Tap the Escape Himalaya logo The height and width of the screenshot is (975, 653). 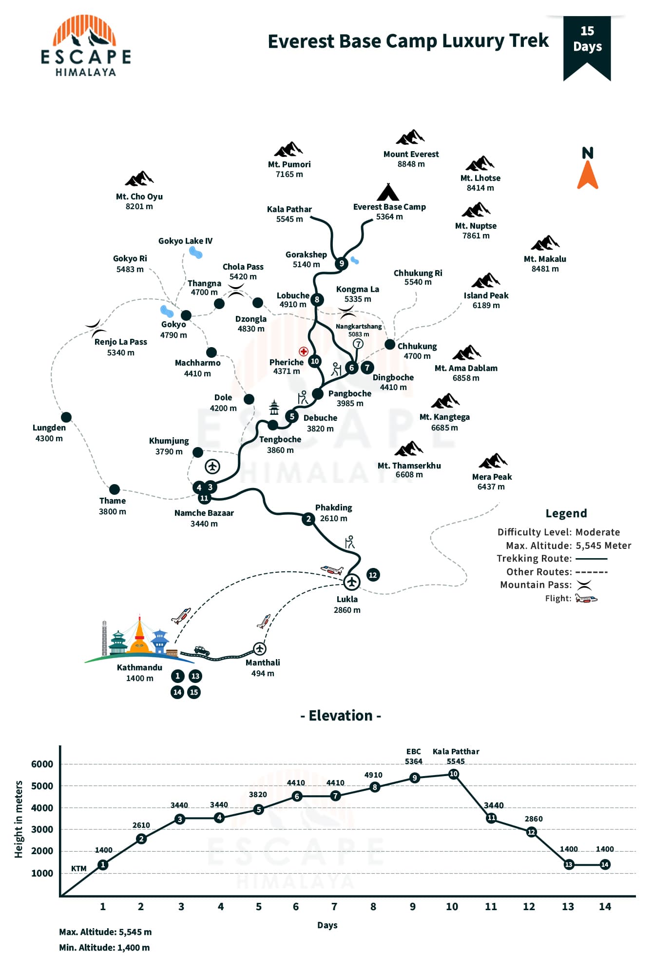coord(86,46)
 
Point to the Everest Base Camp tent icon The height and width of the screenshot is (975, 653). coord(388,193)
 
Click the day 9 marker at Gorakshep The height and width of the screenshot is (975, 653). coord(342,263)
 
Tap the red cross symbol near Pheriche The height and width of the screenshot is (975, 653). coord(304,351)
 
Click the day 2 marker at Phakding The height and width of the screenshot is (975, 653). coord(308,519)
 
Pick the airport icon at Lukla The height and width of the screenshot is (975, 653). coord(351,582)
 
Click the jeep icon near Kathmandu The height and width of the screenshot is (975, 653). coord(202,651)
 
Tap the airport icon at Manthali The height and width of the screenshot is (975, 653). coord(260,648)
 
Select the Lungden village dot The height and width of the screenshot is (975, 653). coord(66,417)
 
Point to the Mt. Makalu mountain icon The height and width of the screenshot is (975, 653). coord(545,243)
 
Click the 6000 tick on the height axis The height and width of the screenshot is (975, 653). coord(42,764)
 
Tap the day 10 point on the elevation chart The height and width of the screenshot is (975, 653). coord(454,774)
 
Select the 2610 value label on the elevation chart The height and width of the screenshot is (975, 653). coord(141,825)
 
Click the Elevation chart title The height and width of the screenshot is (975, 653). coord(341,715)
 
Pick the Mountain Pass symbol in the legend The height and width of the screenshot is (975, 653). coord(584,585)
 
